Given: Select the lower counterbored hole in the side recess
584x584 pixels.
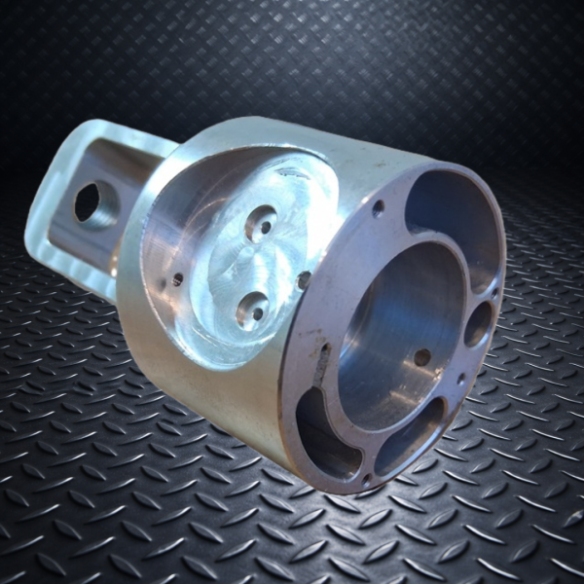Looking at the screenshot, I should pyautogui.click(x=252, y=310).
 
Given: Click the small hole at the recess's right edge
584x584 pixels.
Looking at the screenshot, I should pyautogui.click(x=305, y=280).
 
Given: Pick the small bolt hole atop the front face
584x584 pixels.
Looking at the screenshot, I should pyautogui.click(x=378, y=206).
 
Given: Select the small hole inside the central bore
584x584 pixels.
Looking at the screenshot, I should pyautogui.click(x=421, y=357).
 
